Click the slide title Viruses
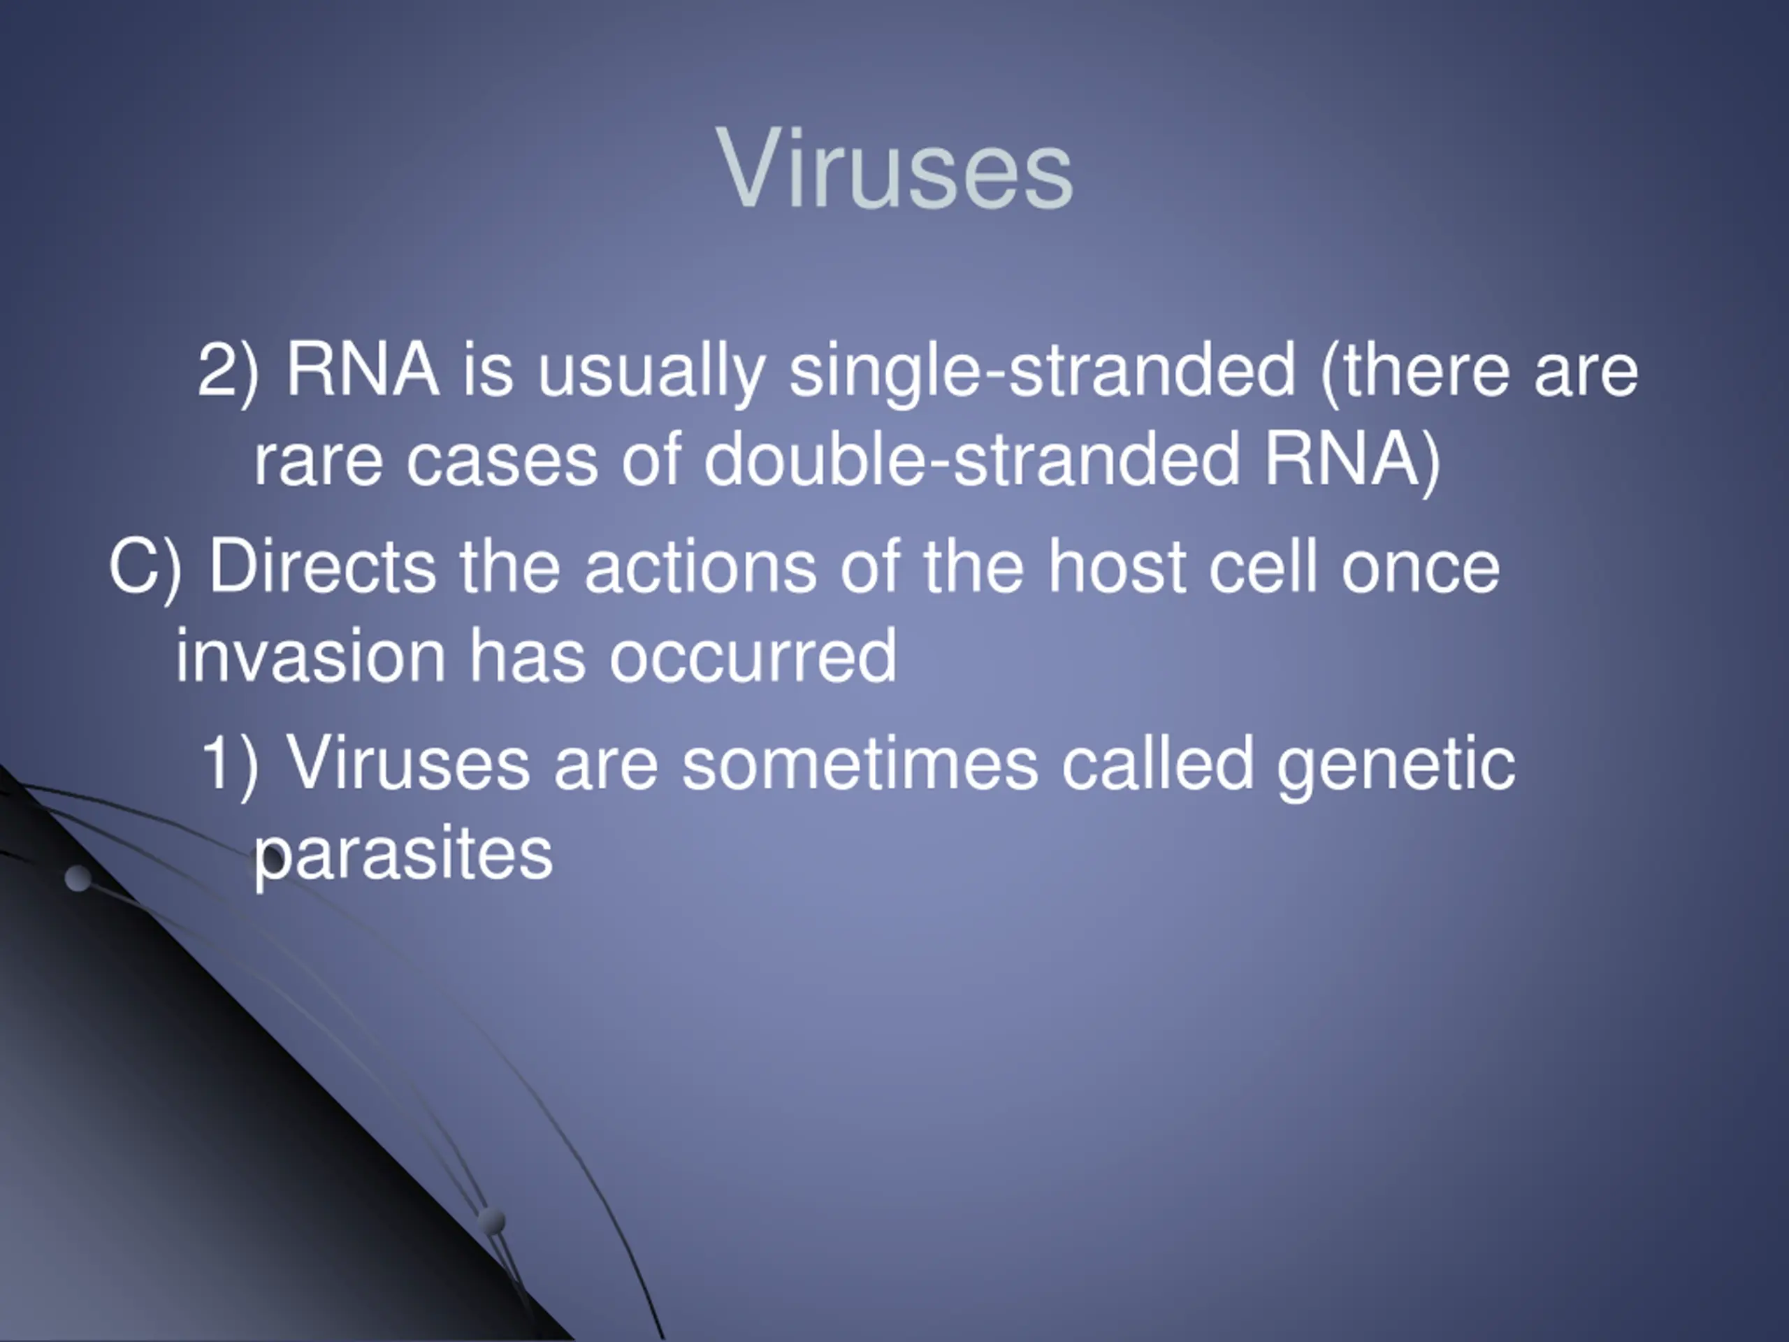(894, 169)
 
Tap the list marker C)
(145, 568)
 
